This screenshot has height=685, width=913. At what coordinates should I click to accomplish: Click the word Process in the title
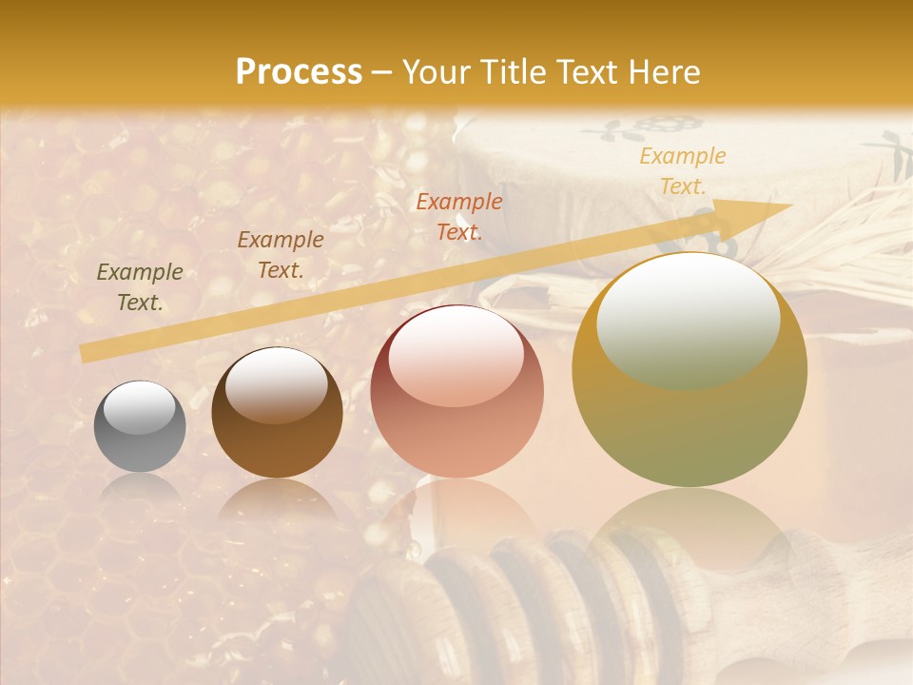coord(299,72)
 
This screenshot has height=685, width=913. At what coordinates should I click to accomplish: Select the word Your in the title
coord(435,72)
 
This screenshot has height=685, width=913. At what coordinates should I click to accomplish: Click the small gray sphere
coord(140,427)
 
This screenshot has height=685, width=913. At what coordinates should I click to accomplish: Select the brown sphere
coord(277,413)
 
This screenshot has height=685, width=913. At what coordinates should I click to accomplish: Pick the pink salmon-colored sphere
coord(456,392)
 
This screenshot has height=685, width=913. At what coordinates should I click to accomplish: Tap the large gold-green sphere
coord(690,370)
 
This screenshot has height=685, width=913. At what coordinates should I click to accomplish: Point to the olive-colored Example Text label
coord(140,287)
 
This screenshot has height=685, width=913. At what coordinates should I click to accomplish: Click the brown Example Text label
coord(281,255)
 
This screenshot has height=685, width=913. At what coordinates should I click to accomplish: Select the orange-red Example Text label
coord(459,216)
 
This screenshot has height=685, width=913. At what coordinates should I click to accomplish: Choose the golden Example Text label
coord(683,171)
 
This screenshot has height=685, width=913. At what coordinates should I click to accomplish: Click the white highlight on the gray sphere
coord(139,408)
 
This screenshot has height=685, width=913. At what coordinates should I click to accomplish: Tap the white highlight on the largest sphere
coord(688,319)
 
